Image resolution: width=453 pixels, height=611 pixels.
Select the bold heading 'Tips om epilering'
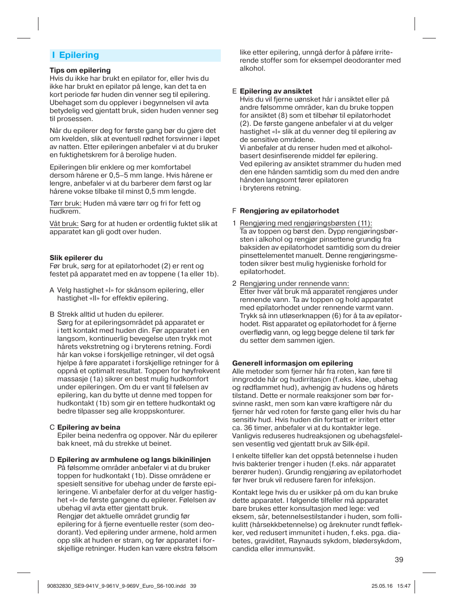pos(80,70)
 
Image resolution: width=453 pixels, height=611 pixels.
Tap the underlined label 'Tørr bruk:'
pos(65,203)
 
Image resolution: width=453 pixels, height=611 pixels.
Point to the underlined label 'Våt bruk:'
pos(64,224)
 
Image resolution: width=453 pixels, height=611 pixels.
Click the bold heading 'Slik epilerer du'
pos(76,258)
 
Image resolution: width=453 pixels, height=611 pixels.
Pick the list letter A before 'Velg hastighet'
pos(52,290)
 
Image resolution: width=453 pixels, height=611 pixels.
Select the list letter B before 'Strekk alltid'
pos(52,314)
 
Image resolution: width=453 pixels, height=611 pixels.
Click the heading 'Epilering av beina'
pos(88,427)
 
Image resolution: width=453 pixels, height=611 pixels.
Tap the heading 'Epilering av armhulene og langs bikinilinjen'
pos(133,460)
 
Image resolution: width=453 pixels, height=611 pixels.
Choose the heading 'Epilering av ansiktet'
pos(276,91)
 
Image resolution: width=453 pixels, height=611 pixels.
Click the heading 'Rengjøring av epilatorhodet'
pos(289,211)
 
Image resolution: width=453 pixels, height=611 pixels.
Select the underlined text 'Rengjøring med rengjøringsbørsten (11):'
pos(305,223)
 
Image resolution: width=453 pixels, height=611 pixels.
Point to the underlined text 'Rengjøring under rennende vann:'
pos(294,283)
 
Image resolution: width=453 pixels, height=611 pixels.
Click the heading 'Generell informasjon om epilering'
pos(292,363)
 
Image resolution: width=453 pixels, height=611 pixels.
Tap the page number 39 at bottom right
pos(399,560)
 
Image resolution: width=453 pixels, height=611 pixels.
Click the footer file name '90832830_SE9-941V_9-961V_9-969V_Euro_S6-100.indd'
pos(116,586)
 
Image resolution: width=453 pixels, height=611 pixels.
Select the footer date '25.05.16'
pos(382,586)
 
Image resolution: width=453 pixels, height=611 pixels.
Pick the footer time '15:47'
pos(404,586)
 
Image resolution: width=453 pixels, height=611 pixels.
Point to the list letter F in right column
pos(234,211)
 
